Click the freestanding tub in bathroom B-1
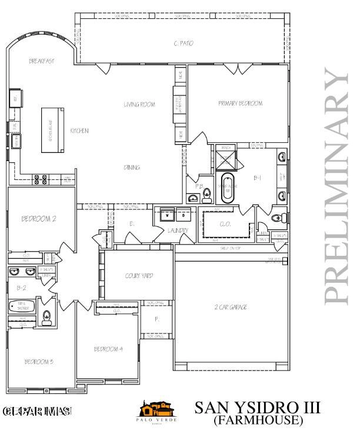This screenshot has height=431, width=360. [x=226, y=188]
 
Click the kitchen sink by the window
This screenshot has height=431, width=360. [x=16, y=141]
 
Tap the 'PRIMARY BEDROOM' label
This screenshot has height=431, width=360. [x=239, y=103]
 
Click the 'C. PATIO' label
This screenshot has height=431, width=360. [x=184, y=43]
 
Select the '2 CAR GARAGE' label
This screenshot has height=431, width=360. [x=231, y=308]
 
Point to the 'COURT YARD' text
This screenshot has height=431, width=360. [x=139, y=275]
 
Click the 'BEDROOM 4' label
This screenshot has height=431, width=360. [x=108, y=349]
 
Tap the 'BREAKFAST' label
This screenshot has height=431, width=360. [x=42, y=61]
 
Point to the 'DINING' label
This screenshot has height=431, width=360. [x=131, y=168]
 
